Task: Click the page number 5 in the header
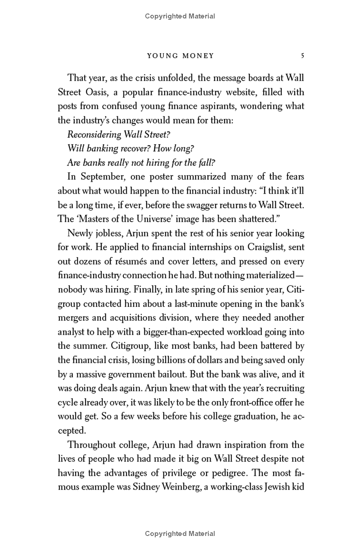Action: click(303, 56)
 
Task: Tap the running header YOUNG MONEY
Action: click(181, 56)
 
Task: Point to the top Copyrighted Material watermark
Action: click(180, 16)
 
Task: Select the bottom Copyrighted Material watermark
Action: click(180, 534)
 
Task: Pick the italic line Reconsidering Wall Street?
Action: click(119, 134)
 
